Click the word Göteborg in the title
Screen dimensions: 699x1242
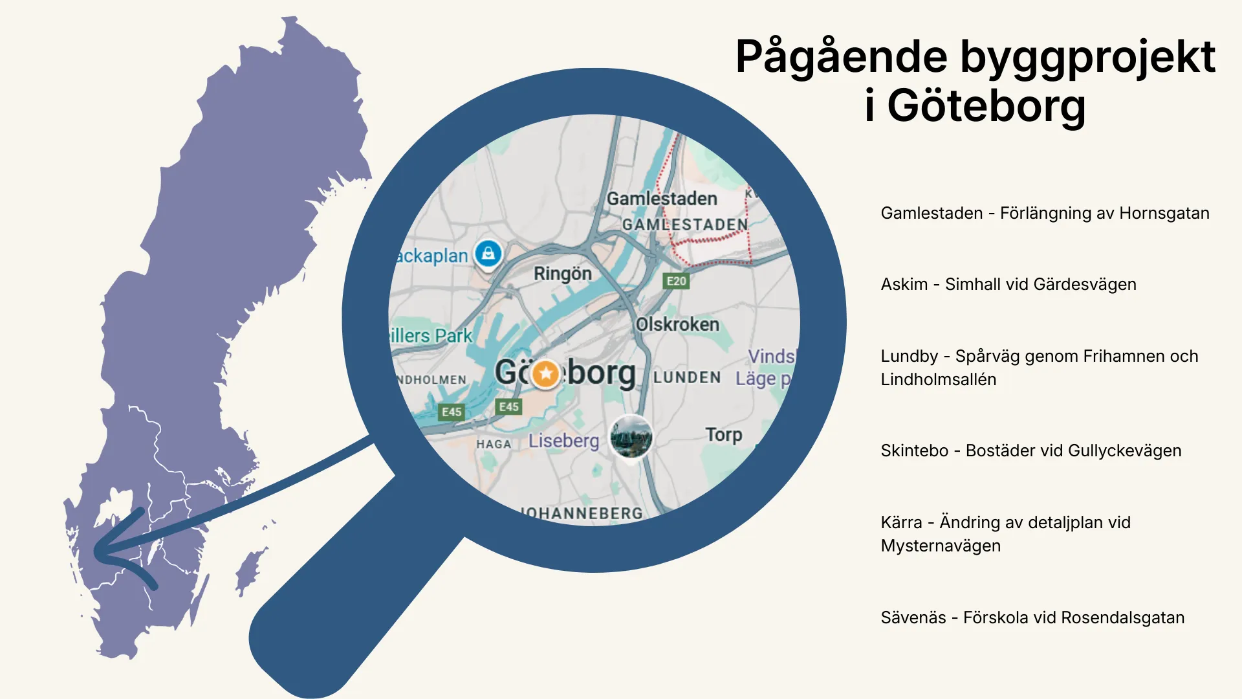[986, 105]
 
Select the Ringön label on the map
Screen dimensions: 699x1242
[562, 274]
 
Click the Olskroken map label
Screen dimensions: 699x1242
[677, 324]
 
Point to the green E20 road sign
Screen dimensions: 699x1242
[676, 281]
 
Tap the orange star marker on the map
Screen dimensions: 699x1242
[546, 373]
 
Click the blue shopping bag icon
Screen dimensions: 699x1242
[488, 253]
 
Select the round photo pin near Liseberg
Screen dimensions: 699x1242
[631, 437]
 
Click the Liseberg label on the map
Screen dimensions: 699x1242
[563, 441]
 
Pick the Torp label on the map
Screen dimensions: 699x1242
[723, 434]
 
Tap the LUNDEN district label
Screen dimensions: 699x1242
[686, 377]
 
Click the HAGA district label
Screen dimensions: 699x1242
[494, 444]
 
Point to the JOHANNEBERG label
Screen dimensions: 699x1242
[582, 513]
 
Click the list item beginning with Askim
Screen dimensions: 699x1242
[1008, 284]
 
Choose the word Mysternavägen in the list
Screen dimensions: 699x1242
[940, 546]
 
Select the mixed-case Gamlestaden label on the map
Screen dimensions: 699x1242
[662, 199]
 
